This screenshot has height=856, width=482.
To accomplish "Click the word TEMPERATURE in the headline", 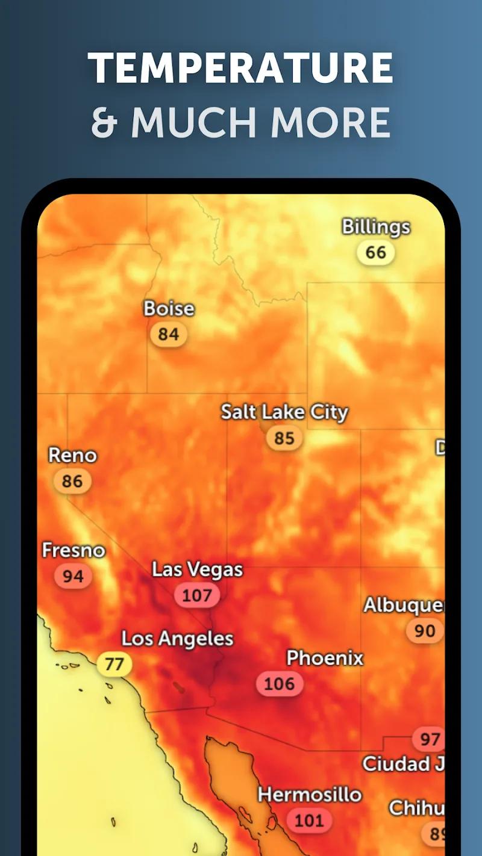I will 240,67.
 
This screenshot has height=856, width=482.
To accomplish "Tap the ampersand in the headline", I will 103,122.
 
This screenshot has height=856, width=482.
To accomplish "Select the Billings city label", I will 376,227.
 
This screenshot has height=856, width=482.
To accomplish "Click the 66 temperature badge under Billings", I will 375,252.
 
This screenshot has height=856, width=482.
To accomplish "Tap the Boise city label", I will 169,309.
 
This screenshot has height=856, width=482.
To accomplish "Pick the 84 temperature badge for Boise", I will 169,334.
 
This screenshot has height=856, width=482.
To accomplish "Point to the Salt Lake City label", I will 284,412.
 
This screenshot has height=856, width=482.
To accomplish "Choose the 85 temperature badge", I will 284,438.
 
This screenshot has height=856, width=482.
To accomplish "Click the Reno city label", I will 72,456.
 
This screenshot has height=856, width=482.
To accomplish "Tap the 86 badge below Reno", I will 72,481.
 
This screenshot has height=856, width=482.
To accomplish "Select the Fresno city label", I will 73,550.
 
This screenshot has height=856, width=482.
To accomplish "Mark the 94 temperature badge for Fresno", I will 73,576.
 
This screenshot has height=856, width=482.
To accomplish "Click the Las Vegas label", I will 197,569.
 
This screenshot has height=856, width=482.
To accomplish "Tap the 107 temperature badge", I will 197,595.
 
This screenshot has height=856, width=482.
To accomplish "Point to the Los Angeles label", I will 177,639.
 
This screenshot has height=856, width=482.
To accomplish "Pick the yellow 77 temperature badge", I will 114,664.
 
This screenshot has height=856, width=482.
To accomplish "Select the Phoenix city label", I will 325,658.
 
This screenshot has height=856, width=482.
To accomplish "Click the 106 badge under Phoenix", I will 280,684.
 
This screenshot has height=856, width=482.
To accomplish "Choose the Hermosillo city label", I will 310,795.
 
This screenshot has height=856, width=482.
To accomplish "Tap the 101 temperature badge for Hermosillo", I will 308,820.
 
